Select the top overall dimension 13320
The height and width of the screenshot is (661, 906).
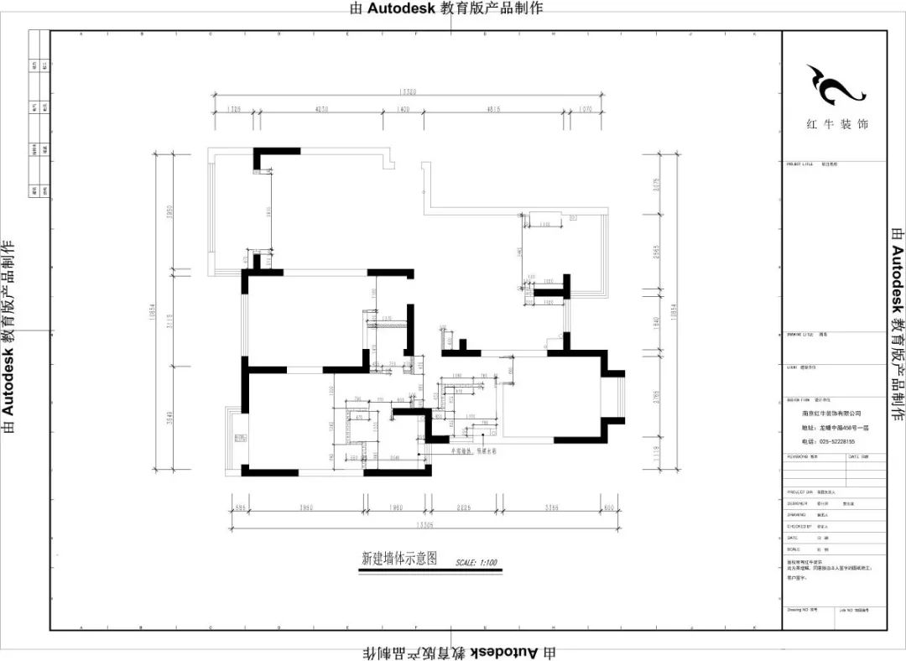(x=409, y=92)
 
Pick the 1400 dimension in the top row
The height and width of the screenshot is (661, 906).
(x=403, y=110)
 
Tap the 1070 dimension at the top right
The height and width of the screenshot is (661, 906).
(x=585, y=110)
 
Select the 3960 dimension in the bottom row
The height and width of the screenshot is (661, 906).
(x=305, y=507)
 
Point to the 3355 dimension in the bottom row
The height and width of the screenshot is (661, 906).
(x=551, y=507)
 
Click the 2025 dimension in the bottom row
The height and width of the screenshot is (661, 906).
(x=465, y=507)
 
